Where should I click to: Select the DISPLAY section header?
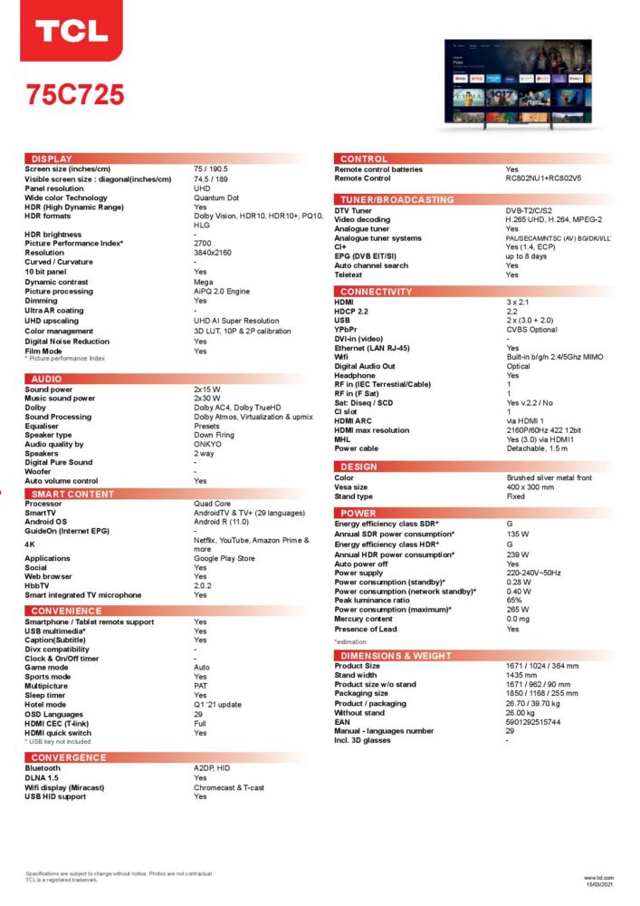52,159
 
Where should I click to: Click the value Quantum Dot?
216,198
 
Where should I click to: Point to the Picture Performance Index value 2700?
203,244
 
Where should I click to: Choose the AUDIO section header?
46,379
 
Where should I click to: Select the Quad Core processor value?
212,504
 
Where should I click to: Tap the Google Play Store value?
224,559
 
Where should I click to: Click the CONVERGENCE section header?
69,757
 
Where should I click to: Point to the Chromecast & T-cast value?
229,787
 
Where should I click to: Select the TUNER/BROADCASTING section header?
397,199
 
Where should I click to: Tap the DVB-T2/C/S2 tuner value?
534,210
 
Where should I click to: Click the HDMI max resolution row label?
371,430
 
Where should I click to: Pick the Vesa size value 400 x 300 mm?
536,487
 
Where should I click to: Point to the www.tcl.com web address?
598,877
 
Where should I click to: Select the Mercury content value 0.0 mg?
519,619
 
